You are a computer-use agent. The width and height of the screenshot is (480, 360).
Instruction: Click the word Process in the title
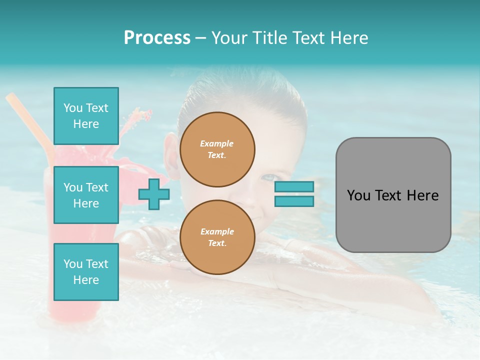pyautogui.click(x=157, y=38)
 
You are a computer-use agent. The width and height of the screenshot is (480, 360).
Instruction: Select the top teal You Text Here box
pyautogui.click(x=86, y=116)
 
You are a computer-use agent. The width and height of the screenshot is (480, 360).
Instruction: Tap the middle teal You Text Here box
pyautogui.click(x=86, y=195)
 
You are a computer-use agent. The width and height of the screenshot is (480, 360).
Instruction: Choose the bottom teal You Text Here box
pyautogui.click(x=86, y=271)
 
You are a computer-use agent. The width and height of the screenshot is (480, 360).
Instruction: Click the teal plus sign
pyautogui.click(x=153, y=194)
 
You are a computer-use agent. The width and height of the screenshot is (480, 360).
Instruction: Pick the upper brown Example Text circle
pyautogui.click(x=217, y=149)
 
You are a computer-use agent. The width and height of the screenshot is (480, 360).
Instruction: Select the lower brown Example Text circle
pyautogui.click(x=217, y=237)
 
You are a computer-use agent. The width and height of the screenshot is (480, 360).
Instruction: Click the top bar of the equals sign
pyautogui.click(x=294, y=186)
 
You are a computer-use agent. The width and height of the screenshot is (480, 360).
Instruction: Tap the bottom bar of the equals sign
pyautogui.click(x=294, y=201)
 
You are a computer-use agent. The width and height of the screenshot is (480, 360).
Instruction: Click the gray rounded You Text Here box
pyautogui.click(x=393, y=195)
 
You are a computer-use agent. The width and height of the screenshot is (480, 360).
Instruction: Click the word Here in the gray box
pyautogui.click(x=423, y=195)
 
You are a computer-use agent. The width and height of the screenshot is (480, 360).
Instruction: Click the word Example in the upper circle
pyautogui.click(x=216, y=143)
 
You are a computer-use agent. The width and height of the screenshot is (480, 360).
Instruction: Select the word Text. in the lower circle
pyautogui.click(x=217, y=243)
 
